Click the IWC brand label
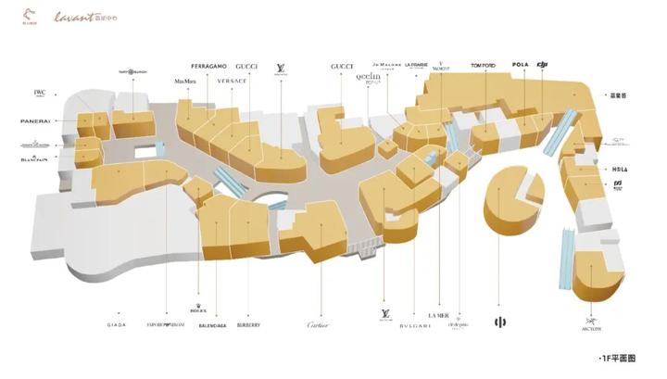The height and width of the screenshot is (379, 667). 40,92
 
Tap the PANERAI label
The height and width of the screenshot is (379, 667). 35,121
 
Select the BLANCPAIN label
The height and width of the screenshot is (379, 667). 34,158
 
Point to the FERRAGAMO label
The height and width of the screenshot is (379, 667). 209,67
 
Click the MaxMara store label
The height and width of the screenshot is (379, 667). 185,81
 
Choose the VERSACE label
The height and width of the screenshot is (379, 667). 233,81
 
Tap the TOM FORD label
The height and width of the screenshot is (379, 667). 484,65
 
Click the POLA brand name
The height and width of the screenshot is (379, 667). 519,64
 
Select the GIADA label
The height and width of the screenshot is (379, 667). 117,325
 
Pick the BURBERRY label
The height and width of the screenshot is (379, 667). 248,325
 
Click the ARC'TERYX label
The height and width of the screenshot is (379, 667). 592,326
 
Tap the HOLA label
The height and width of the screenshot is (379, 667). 619,170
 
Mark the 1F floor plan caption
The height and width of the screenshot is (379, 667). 622,358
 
